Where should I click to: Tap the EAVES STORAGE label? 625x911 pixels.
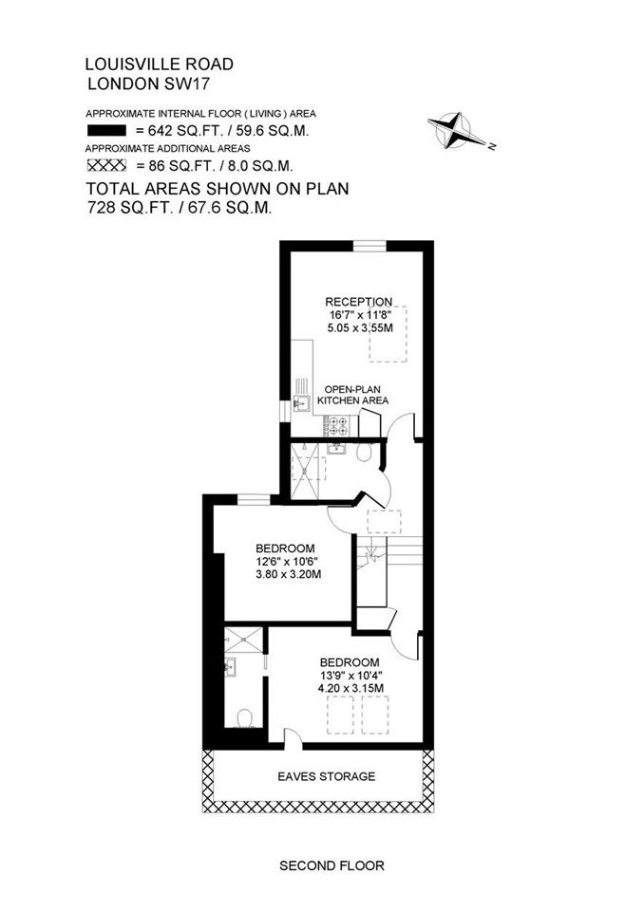click(326, 776)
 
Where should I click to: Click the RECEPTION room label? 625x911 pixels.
click(359, 302)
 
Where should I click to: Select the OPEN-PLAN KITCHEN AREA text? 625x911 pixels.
click(353, 395)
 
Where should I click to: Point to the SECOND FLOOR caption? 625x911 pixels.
click(331, 865)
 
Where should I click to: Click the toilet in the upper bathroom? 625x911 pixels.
click(365, 452)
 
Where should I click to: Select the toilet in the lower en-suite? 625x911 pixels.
click(244, 718)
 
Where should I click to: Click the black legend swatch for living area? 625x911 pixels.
click(106, 131)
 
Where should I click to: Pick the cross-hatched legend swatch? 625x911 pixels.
click(106, 165)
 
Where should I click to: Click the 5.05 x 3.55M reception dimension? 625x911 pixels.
click(360, 327)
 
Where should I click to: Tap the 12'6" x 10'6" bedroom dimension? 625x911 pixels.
click(287, 561)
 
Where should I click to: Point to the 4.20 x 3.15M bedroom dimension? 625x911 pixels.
click(350, 689)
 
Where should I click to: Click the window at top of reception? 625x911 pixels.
click(369, 246)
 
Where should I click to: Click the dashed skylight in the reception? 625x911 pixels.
click(388, 334)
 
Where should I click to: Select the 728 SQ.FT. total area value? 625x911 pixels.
click(130, 208)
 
